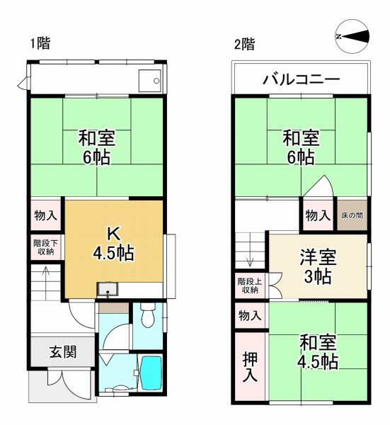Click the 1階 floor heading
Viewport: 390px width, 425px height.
click(40, 44)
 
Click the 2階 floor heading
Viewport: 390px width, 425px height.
click(244, 44)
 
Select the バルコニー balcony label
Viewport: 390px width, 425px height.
click(302, 79)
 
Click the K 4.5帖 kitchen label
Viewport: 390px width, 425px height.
click(113, 243)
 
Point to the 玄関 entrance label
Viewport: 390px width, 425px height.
click(62, 352)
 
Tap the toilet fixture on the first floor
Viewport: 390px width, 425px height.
click(147, 317)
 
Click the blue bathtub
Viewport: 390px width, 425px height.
click(151, 371)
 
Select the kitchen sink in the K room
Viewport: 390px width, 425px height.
click(108, 288)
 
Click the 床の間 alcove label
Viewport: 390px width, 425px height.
click(352, 215)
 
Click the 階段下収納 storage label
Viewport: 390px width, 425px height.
click(46, 246)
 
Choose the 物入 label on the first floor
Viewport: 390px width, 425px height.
click(46, 214)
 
